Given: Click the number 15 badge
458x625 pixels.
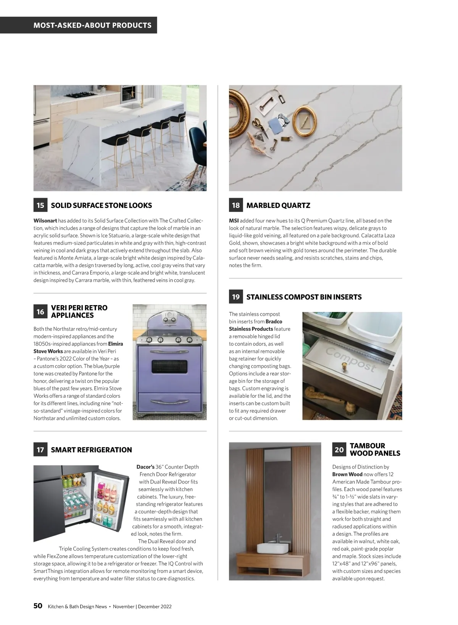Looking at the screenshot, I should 40,205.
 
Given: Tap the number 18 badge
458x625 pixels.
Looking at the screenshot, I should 236,205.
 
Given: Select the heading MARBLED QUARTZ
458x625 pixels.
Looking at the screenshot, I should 278,205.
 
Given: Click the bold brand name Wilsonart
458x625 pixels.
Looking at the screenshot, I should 45,220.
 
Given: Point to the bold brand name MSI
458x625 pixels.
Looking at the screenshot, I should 234,220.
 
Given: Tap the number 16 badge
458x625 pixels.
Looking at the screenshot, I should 40,312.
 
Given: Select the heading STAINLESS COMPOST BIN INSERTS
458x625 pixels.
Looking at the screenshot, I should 304,297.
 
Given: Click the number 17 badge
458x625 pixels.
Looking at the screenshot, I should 40,450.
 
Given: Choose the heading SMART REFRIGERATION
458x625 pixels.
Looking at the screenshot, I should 91,450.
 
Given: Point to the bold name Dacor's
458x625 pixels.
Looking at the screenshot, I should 145,467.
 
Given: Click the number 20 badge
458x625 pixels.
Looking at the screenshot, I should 339,450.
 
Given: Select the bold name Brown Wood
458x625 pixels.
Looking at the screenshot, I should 347,474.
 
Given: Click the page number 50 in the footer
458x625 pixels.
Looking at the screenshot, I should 38,606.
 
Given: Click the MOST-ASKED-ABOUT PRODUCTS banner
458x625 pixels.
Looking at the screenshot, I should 92,25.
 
